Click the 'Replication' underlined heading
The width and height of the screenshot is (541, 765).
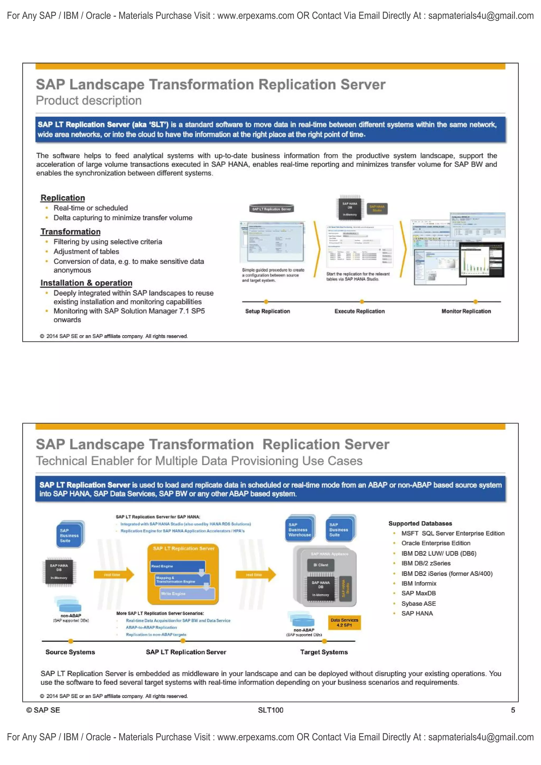(x=63, y=198)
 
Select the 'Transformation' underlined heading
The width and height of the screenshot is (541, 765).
(x=70, y=232)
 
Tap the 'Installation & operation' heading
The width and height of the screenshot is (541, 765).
(x=86, y=283)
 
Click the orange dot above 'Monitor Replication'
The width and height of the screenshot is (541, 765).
(x=475, y=302)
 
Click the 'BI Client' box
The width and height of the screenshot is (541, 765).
(x=320, y=565)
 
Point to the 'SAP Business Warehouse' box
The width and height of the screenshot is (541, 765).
(x=299, y=529)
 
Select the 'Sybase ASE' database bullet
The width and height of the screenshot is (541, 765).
(x=418, y=603)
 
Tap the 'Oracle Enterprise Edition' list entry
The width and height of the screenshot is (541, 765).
(x=436, y=543)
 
